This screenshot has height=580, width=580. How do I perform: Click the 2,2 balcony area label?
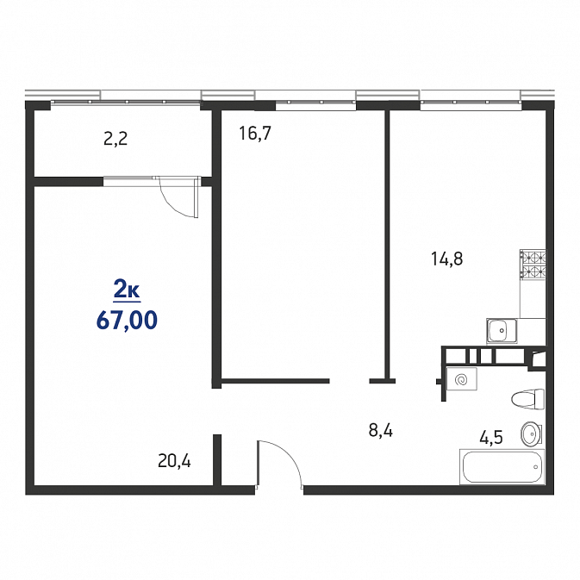[115, 139]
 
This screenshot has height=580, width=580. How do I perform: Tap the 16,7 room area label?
[255, 134]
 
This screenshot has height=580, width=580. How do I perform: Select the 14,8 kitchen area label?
[446, 259]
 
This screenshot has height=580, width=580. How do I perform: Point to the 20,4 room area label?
[174, 461]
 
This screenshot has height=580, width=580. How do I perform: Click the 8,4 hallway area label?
[381, 431]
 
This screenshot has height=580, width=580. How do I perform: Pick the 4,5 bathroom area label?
[491, 438]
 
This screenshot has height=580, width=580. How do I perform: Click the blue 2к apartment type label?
[127, 291]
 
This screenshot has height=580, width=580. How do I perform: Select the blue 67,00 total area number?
[127, 321]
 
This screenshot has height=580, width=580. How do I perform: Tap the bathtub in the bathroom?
[502, 467]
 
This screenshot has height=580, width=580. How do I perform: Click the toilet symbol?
[527, 400]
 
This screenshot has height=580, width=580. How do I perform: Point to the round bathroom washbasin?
[532, 433]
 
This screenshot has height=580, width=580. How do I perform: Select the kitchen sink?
[502, 331]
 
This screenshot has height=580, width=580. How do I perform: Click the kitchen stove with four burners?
[533, 265]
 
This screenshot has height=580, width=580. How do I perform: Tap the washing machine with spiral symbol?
[462, 379]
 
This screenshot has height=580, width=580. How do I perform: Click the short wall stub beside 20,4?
[217, 459]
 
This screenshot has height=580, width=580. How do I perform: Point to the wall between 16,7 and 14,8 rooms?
[387, 244]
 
